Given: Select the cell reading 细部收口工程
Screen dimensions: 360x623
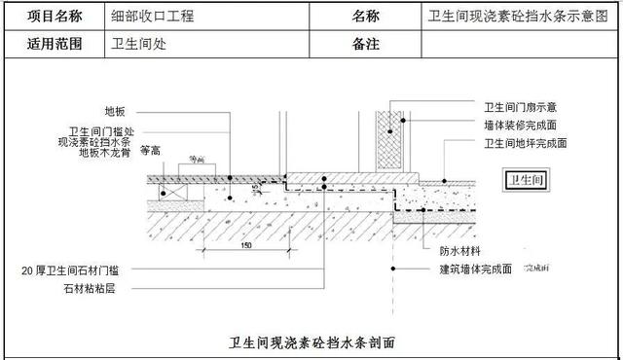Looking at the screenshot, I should (x=154, y=17).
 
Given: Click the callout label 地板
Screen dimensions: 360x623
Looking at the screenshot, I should (x=115, y=111).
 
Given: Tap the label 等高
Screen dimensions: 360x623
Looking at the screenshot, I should (x=150, y=151).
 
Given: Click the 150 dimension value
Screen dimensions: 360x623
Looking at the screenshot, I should (x=245, y=246).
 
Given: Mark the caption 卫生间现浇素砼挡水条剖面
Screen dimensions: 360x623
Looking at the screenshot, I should (x=311, y=342).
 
